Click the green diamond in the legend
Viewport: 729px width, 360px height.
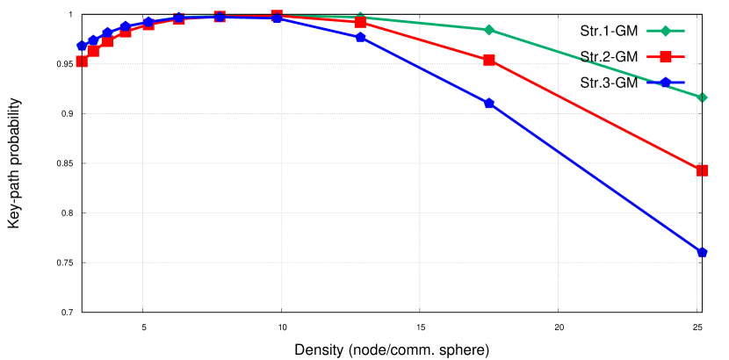(665, 32)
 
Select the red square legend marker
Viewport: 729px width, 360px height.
(665, 57)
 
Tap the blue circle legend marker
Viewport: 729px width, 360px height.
(665, 83)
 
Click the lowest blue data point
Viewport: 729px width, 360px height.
(702, 252)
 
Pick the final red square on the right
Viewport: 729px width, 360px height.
(702, 170)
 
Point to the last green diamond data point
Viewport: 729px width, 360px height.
(702, 97)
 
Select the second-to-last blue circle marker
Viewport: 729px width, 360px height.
(489, 104)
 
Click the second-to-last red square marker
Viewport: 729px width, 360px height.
(489, 60)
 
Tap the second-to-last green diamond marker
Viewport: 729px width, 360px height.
(489, 30)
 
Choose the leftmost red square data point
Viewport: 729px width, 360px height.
(82, 61)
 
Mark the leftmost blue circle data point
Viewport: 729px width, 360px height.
(82, 46)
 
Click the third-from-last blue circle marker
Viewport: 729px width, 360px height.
(361, 38)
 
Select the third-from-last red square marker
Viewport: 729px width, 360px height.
(361, 23)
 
